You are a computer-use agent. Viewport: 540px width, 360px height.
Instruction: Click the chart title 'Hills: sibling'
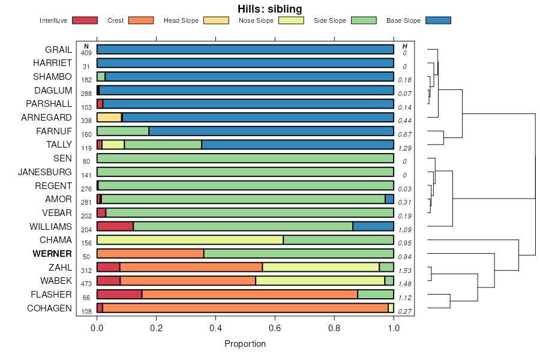pos(270,9)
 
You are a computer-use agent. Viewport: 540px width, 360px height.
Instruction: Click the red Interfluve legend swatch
pos(85,20)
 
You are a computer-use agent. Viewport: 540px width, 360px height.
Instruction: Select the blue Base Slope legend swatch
pos(438,20)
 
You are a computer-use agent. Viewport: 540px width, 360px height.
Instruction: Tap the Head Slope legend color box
pos(216,20)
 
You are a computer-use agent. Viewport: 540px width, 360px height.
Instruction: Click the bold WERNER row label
pos(53,254)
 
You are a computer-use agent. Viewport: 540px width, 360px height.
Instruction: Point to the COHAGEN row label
pos(49,308)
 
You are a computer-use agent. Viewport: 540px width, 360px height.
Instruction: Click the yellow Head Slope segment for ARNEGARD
pos(109,118)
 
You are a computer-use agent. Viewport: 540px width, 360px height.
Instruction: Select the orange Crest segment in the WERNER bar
pos(150,254)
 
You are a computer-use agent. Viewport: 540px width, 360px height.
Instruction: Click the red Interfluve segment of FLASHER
pos(119,295)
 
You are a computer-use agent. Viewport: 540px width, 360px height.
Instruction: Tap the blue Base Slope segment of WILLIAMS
pos(373,226)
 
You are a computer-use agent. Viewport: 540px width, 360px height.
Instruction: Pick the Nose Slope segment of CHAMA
pos(190,240)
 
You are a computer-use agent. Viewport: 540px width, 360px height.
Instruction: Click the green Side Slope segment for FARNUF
pos(122,131)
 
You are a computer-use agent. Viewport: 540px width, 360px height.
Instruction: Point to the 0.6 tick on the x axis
pos(275,328)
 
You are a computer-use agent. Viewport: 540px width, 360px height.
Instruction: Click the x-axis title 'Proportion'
pos(245,344)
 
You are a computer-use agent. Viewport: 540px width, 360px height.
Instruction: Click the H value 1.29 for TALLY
pos(405,148)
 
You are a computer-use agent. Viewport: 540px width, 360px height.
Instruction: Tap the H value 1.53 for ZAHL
pos(405,271)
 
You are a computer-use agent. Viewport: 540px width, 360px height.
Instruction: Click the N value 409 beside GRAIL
pos(86,53)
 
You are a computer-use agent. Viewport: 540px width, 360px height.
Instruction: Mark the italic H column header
pos(405,46)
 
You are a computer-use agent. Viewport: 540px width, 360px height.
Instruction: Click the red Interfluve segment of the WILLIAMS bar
pos(115,226)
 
